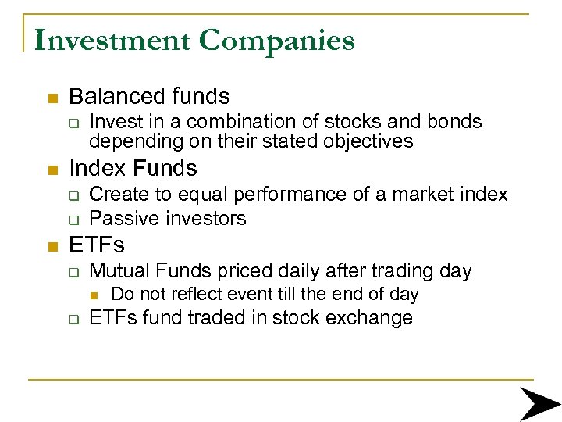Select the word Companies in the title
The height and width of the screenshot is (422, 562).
click(x=277, y=41)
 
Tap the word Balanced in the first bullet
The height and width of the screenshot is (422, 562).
click(x=116, y=97)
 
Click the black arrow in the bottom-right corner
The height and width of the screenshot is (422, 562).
click(x=539, y=403)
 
